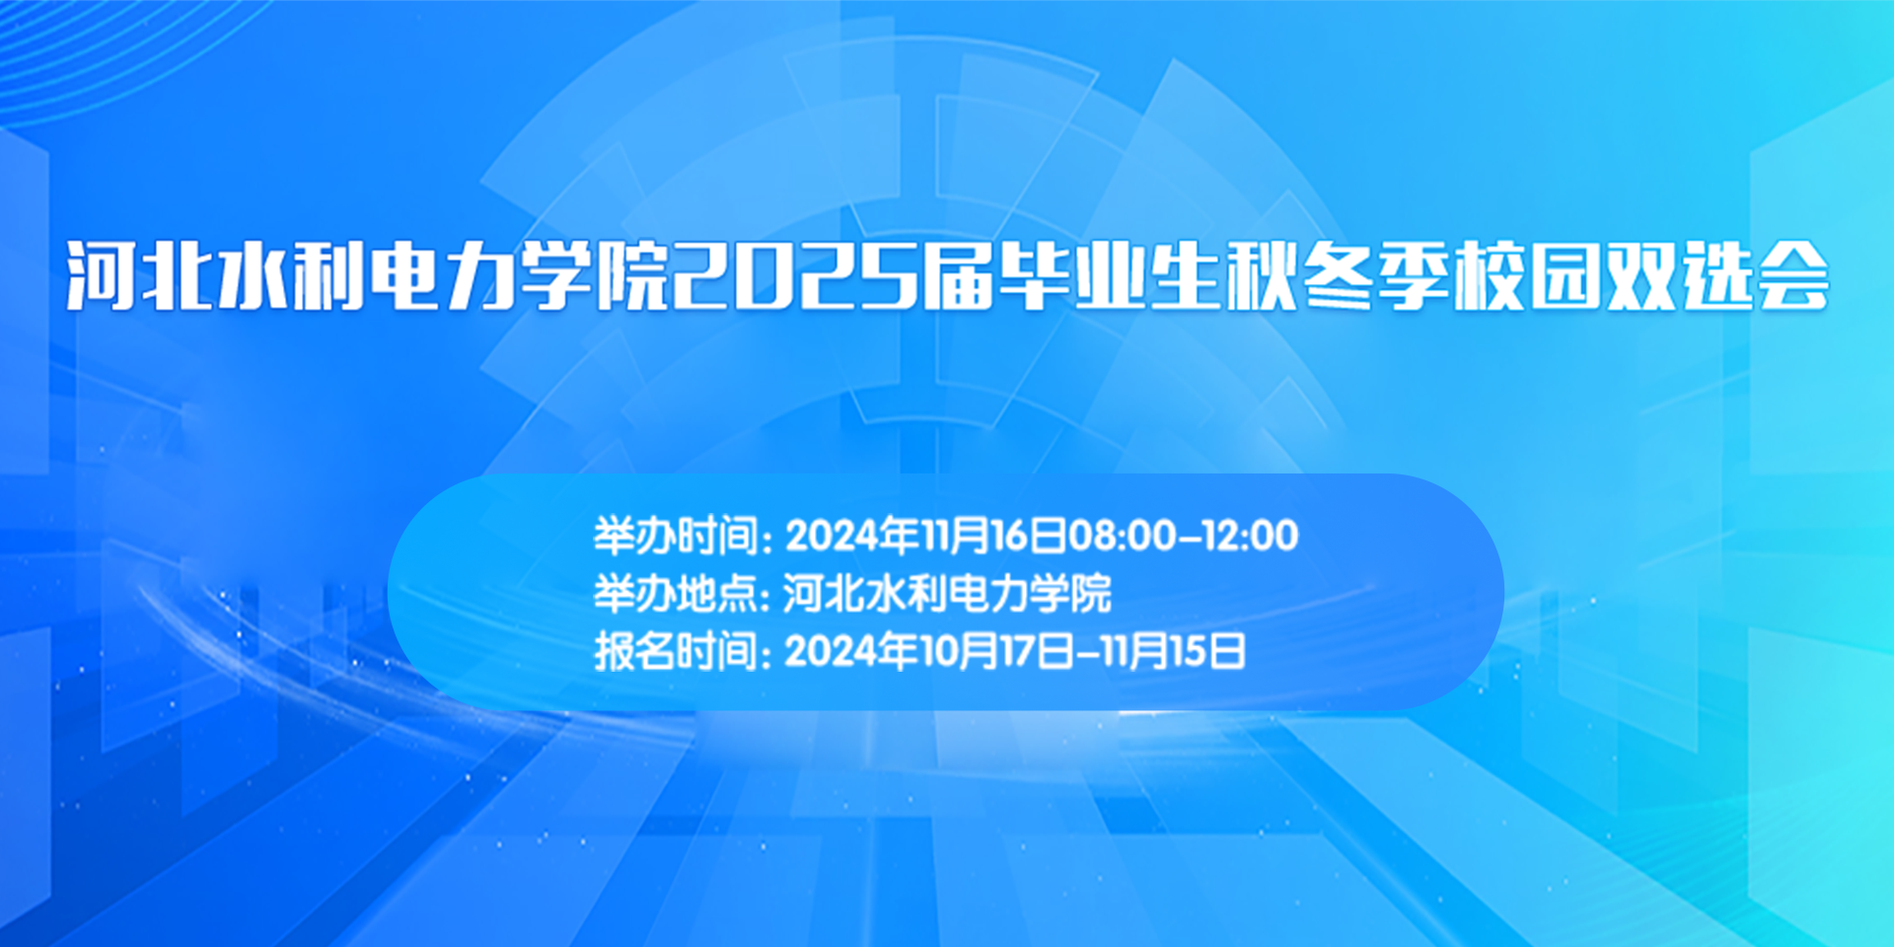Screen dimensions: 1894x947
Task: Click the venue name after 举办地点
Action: click(x=947, y=593)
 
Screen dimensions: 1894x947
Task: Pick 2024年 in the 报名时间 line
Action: click(x=852, y=651)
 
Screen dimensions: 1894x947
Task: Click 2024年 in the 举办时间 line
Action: click(x=852, y=536)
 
